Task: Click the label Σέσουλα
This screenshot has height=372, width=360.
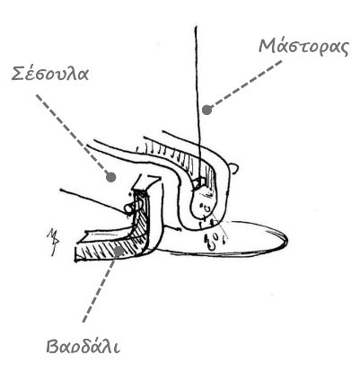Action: click(50, 73)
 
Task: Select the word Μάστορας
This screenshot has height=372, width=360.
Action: click(303, 47)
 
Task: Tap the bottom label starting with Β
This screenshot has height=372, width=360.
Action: click(83, 347)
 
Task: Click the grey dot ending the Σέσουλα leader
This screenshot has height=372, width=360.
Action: click(110, 177)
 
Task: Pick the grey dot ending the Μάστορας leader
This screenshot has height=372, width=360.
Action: click(206, 110)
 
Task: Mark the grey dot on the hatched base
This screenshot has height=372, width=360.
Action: click(119, 251)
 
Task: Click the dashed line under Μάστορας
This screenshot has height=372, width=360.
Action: click(245, 85)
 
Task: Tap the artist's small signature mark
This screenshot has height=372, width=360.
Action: click(53, 242)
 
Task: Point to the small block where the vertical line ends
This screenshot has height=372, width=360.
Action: click(198, 182)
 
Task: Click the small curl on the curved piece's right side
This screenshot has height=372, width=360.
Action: click(236, 169)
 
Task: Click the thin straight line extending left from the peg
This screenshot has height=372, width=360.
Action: click(93, 200)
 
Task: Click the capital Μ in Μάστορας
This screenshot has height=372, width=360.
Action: click(268, 46)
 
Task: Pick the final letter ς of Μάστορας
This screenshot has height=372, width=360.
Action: click(344, 49)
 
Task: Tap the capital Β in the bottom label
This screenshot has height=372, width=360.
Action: click(53, 347)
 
